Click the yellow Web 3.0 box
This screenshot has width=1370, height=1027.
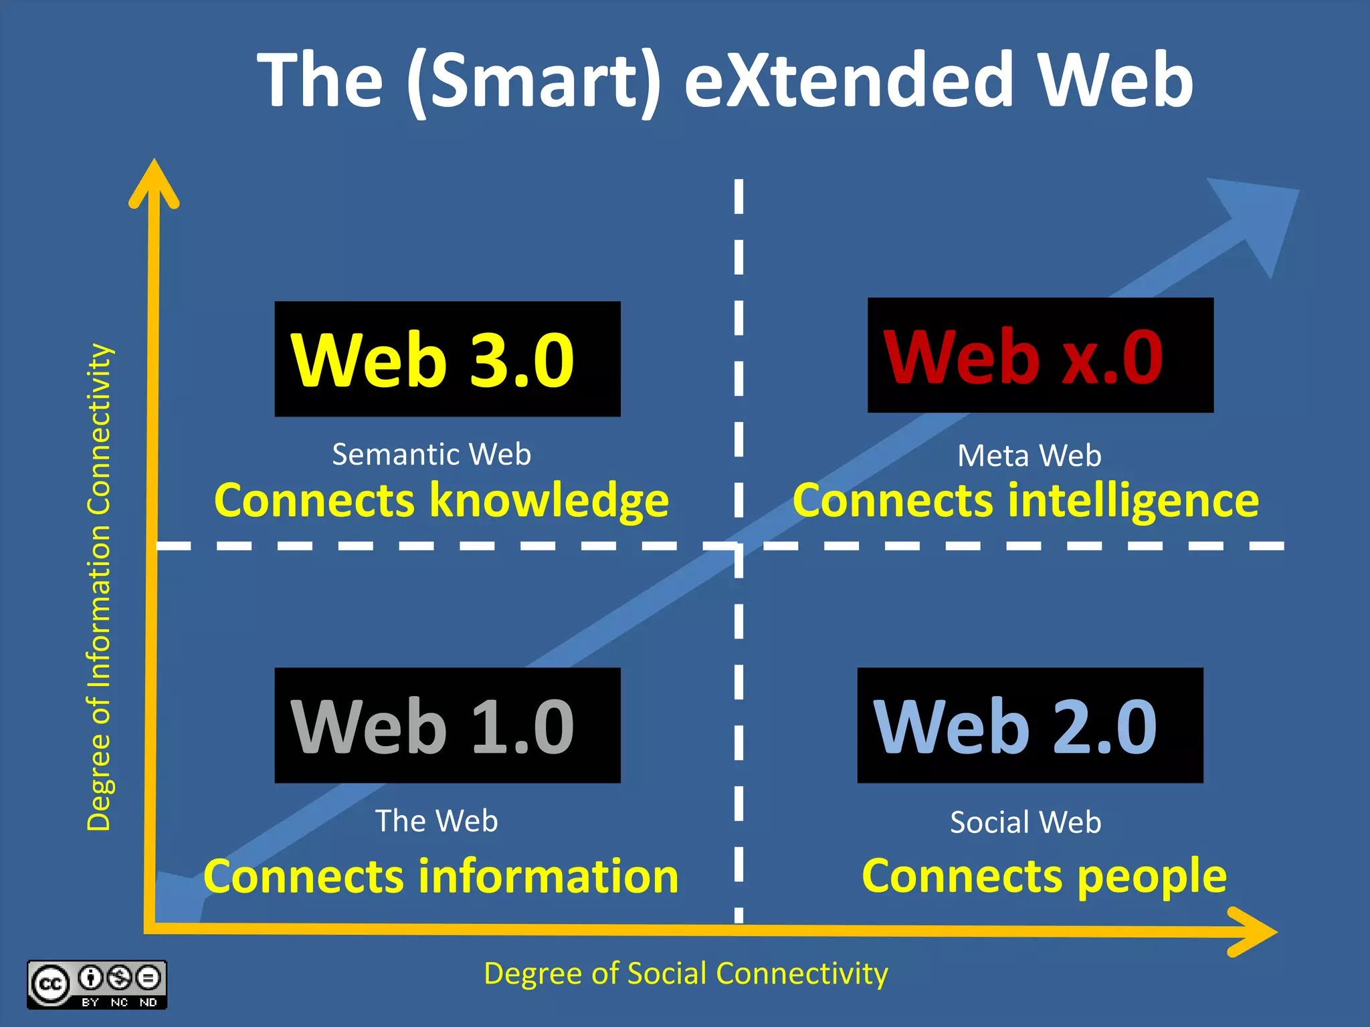click(x=447, y=359)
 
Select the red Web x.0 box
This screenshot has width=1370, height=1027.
click(x=1040, y=355)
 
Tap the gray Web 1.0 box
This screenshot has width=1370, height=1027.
click(x=447, y=725)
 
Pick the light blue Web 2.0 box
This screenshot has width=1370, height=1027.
click(x=1030, y=725)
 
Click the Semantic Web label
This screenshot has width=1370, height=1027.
click(x=431, y=455)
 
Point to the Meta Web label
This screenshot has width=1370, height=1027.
click(x=1029, y=456)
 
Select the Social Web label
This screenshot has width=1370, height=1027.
click(x=1025, y=822)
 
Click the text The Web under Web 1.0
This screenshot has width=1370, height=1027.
click(x=436, y=820)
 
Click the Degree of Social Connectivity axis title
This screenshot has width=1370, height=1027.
click(x=686, y=974)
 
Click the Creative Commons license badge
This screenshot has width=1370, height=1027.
click(x=97, y=984)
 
